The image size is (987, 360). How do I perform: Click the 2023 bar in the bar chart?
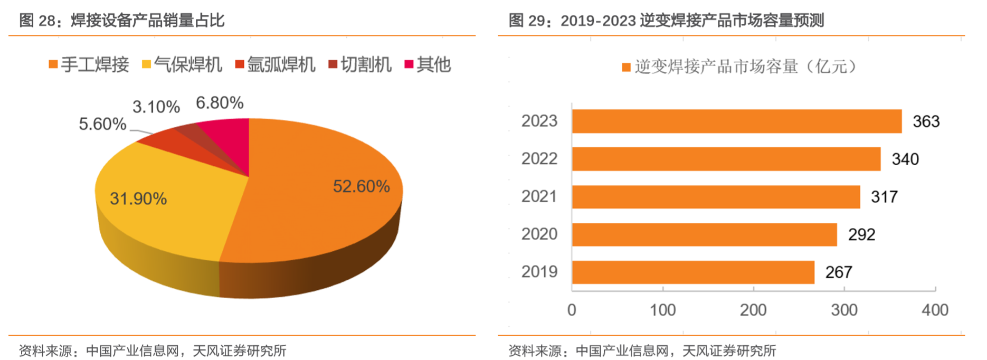tap(736, 121)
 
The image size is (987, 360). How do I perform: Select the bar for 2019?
tap(692, 272)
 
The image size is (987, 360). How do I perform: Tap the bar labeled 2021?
tap(716, 197)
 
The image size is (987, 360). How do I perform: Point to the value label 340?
tap(905, 159)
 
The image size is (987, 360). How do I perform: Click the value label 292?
tap(861, 235)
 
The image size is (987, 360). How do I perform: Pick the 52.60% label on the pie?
tap(361, 186)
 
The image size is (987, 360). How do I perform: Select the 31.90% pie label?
tap(138, 199)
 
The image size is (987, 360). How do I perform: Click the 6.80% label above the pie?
tap(220, 103)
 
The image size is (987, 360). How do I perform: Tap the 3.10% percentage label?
tap(156, 107)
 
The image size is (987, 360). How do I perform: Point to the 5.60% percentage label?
tap(102, 125)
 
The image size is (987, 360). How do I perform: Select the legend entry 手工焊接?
tap(89, 65)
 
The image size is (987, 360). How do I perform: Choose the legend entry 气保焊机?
tap(182, 65)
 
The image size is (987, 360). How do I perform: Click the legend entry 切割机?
tap(360, 65)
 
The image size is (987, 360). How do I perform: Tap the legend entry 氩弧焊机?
tap(275, 65)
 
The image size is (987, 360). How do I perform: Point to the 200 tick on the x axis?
tap(753, 310)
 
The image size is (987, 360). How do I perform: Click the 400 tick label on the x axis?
tap(935, 310)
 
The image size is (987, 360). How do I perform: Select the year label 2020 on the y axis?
tap(539, 234)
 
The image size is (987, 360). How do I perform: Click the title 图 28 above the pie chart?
tap(122, 21)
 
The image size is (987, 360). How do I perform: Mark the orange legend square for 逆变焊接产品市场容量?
tap(627, 68)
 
